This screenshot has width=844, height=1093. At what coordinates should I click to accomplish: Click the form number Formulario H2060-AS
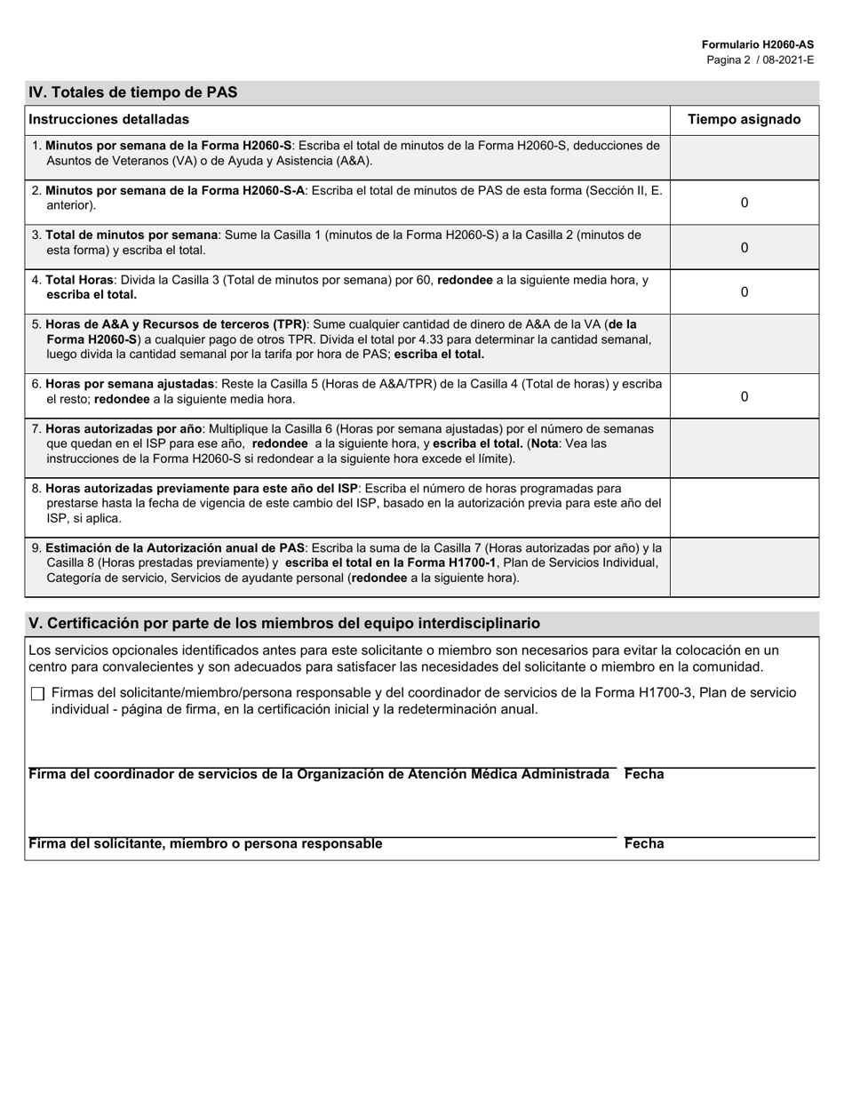point(757,44)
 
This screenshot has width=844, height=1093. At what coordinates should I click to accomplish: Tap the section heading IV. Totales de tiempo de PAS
point(133,92)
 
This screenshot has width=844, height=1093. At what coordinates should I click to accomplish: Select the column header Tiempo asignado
point(744,119)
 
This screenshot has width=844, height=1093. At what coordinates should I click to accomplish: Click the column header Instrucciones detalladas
point(108,119)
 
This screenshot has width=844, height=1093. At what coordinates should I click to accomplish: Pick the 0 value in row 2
point(744,203)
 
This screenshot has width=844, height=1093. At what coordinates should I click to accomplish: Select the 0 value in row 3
point(744,248)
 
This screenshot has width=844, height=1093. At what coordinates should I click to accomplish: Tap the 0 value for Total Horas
point(744,292)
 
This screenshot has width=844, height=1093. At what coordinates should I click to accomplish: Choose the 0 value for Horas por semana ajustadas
point(744,396)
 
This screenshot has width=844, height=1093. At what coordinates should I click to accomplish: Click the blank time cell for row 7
point(744,447)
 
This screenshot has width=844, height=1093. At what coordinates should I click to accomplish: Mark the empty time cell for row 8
point(744,507)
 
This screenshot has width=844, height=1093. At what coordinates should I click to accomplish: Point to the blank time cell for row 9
point(744,566)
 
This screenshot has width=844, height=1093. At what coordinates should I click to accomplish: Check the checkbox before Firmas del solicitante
point(37,694)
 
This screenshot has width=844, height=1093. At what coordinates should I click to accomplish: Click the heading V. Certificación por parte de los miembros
point(284,624)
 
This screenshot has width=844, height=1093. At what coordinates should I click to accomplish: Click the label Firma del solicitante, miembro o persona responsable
point(206,844)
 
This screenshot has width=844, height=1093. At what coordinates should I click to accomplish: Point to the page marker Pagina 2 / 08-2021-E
point(760,60)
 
